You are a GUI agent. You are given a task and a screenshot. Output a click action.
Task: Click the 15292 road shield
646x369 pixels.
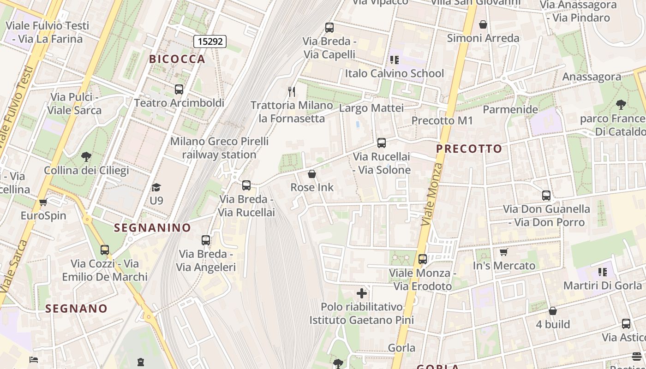[x=210, y=42]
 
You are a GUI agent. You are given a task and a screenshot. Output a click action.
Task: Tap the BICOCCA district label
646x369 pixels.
[x=177, y=59]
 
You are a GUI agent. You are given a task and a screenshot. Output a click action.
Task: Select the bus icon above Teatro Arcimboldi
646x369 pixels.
[x=179, y=89]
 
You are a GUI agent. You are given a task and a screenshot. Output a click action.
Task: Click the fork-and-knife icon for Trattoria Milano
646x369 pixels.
[x=291, y=92]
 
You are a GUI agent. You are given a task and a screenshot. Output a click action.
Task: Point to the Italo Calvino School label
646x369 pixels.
[x=394, y=73]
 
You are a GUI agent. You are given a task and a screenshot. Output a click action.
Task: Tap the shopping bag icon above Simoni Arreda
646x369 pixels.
[x=483, y=24]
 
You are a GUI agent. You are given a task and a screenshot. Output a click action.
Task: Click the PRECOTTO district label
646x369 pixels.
[x=469, y=149]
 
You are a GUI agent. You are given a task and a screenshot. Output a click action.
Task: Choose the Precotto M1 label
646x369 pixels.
[x=442, y=121]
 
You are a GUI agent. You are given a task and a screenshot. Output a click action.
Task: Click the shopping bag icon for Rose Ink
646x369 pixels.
[x=312, y=174]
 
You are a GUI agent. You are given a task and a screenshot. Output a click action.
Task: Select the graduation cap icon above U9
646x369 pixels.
[x=156, y=187]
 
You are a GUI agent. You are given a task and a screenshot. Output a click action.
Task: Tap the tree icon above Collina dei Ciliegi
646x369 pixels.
[x=86, y=157]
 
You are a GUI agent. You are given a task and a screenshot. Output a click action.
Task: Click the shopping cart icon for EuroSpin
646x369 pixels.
[x=43, y=202]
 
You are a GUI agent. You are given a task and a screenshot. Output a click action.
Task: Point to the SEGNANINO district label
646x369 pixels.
[x=152, y=227]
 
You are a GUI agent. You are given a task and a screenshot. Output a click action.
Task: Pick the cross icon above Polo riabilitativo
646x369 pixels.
[x=362, y=293]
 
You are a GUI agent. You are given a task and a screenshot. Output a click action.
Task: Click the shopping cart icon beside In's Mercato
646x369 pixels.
[x=503, y=252]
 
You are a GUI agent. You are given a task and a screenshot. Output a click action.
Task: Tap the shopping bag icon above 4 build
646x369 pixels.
[x=553, y=311]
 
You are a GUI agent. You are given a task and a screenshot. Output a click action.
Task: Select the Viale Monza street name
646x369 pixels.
[x=432, y=195]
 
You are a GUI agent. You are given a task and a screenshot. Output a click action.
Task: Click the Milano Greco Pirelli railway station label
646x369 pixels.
[x=219, y=148]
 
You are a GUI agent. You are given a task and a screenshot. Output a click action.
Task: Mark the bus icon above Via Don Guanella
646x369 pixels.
[x=546, y=196]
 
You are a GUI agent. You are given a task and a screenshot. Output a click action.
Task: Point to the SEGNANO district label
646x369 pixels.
[x=76, y=309]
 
